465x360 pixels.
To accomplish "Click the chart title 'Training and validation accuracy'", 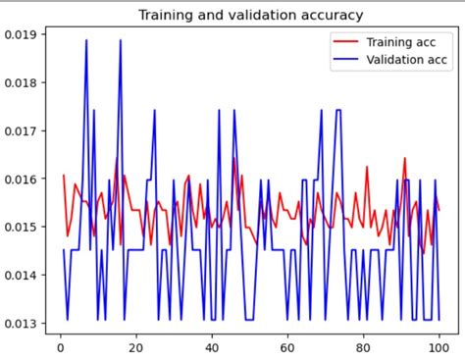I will tap(250, 16).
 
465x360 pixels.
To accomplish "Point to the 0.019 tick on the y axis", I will tap(22, 34).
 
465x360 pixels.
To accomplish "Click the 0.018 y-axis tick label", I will tap(22, 82).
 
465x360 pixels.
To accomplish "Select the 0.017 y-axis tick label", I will tap(22, 130).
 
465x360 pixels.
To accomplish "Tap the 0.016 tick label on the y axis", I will tap(22, 179).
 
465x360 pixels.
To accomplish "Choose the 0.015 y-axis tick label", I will tap(22, 227).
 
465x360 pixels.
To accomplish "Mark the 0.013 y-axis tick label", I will tap(22, 324).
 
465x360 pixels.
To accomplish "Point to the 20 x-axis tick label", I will tap(135, 345).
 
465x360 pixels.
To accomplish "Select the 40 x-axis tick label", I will tap(212, 345).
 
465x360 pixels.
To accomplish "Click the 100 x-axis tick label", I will tap(439, 345).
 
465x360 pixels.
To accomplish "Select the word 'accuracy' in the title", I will tap(333, 16).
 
